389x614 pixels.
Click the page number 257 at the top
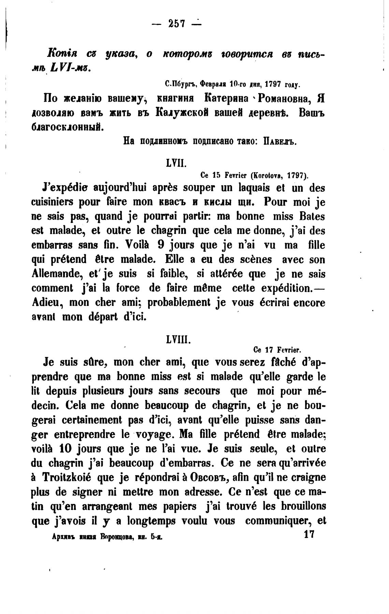[x=176, y=24]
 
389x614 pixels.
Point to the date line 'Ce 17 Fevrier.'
[x=277, y=350]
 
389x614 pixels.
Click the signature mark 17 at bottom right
[x=309, y=534]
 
